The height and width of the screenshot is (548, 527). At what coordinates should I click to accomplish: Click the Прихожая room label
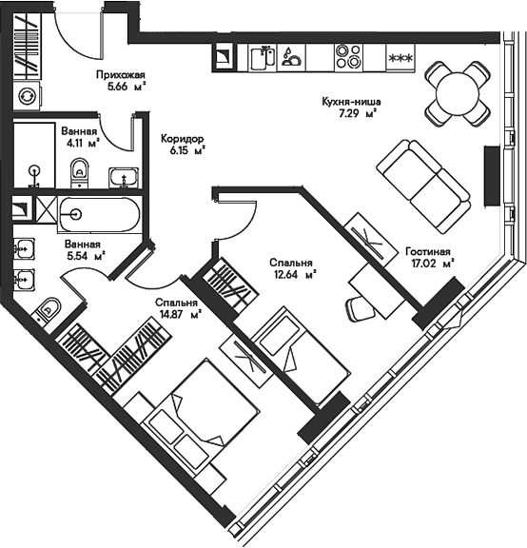pyautogui.click(x=121, y=75)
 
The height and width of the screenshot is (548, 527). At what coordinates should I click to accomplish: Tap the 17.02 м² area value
pyautogui.click(x=433, y=264)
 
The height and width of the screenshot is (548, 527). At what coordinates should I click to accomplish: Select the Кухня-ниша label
pyautogui.click(x=351, y=102)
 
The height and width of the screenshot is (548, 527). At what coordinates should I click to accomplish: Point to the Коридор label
pyautogui.click(x=182, y=139)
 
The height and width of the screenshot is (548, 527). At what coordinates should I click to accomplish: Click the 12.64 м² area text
pyautogui.click(x=295, y=275)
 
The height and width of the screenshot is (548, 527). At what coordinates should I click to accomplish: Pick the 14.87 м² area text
pyautogui.click(x=180, y=315)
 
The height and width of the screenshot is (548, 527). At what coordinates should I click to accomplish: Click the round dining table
pyautogui.click(x=458, y=93)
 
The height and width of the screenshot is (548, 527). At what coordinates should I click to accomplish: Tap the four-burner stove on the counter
pyautogui.click(x=348, y=58)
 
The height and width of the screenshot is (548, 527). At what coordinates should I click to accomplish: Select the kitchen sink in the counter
pyautogui.click(x=263, y=58)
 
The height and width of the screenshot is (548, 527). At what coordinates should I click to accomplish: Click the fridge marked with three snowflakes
pyautogui.click(x=400, y=58)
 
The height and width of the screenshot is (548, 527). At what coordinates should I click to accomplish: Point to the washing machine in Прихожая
pyautogui.click(x=28, y=96)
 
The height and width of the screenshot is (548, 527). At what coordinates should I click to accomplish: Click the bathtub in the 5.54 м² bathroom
pyautogui.click(x=100, y=214)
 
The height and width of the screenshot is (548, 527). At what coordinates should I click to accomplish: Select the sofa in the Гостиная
pyautogui.click(x=423, y=187)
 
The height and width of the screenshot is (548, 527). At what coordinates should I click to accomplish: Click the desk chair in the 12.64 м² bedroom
pyautogui.click(x=361, y=308)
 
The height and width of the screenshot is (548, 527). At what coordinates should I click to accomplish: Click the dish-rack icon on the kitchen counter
pyautogui.click(x=291, y=58)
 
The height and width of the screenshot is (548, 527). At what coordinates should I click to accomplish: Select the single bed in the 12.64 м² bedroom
pyautogui.click(x=302, y=356)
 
